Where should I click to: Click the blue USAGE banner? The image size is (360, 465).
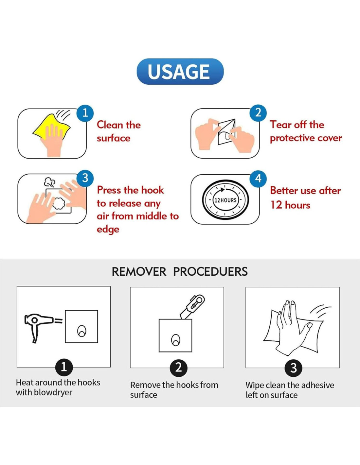180,71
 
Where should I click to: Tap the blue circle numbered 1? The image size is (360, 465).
85,113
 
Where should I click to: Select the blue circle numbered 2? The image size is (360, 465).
259,113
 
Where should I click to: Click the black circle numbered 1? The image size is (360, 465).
64,368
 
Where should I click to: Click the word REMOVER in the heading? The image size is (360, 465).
139,271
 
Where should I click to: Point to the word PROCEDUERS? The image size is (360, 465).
210,271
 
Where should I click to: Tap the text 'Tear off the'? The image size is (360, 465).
297,125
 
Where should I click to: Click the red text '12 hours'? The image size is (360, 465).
290,205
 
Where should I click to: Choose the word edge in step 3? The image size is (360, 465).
108,230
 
